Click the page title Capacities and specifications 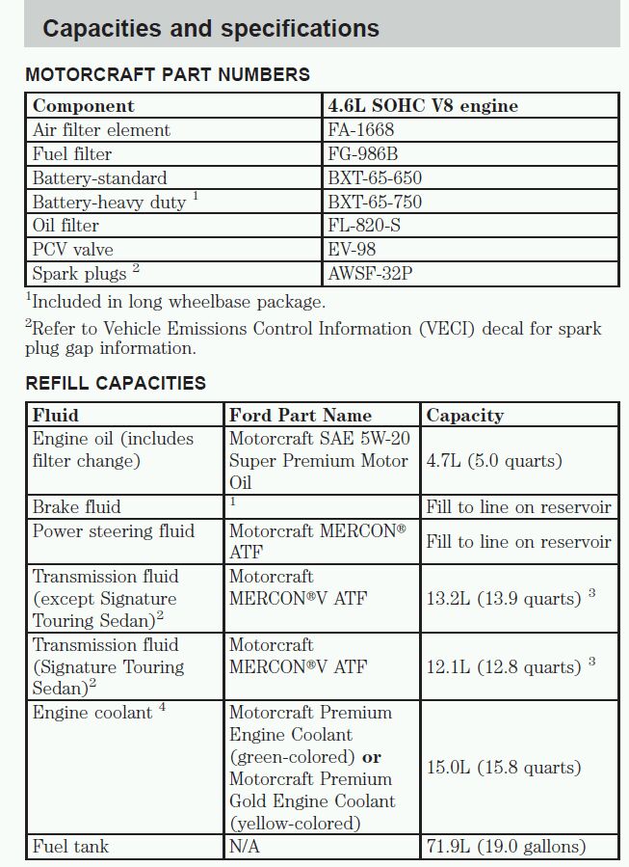[211, 28]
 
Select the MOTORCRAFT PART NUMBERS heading [168, 74]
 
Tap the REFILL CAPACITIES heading [116, 383]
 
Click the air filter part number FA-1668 [361, 130]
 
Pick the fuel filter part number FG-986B [364, 154]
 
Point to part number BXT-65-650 [375, 178]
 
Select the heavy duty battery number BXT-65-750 [375, 203]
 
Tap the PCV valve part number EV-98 [352, 250]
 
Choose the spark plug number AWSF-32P [371, 274]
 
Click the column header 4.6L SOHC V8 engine [423, 106]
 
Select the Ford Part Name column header [301, 416]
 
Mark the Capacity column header [464, 416]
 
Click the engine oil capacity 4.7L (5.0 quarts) [494, 461]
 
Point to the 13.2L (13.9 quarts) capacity [504, 599]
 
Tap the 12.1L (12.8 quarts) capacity [504, 667]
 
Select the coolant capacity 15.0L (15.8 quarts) [504, 768]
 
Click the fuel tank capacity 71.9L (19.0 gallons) [506, 847]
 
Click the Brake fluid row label [77, 507]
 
